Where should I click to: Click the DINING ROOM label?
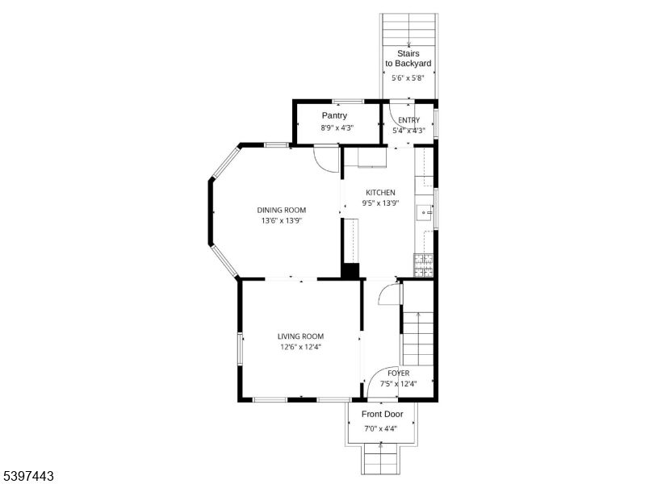pyautogui.click(x=282, y=210)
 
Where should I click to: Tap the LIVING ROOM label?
pyautogui.click(x=300, y=336)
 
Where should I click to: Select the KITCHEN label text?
pyautogui.click(x=380, y=193)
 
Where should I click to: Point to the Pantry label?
pyautogui.click(x=334, y=116)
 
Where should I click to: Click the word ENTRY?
pyautogui.click(x=408, y=120)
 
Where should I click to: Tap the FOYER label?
pyautogui.click(x=398, y=373)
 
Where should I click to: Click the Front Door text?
pyautogui.click(x=382, y=414)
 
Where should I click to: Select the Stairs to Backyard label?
pyautogui.click(x=408, y=58)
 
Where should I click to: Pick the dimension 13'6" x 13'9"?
pyautogui.click(x=282, y=221)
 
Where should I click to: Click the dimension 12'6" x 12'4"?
pyautogui.click(x=300, y=348)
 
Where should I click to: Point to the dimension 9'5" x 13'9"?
pyautogui.click(x=380, y=203)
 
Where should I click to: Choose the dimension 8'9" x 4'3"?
pyautogui.click(x=334, y=127)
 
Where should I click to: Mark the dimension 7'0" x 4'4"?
pyautogui.click(x=382, y=428)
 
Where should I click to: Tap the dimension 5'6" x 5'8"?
pyautogui.click(x=408, y=78)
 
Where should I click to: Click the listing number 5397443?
pyautogui.click(x=28, y=477)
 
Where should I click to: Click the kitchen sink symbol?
pyautogui.click(x=424, y=213)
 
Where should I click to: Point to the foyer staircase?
pyautogui.click(x=418, y=339)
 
